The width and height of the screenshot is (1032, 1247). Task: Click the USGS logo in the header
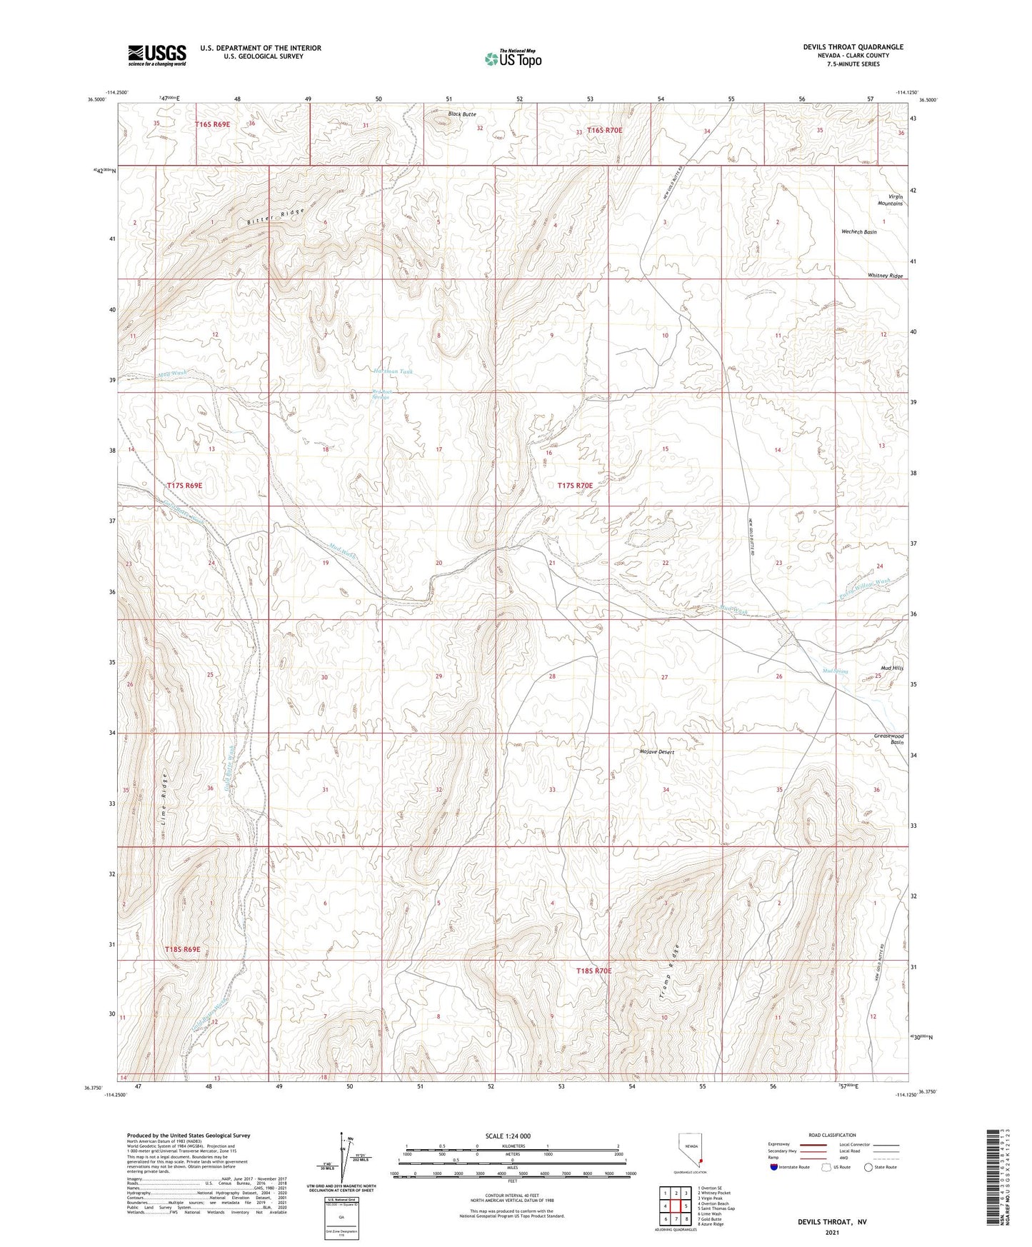click(x=157, y=55)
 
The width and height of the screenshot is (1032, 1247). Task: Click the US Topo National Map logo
click(x=513, y=59)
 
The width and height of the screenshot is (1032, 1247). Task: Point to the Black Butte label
click(x=461, y=114)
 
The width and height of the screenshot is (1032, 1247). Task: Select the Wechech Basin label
click(x=859, y=232)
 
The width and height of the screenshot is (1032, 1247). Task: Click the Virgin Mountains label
click(x=890, y=200)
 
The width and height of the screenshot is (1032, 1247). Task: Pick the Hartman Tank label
click(x=393, y=371)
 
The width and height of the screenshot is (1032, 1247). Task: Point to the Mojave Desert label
click(x=656, y=752)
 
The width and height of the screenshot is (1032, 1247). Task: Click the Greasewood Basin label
click(x=889, y=738)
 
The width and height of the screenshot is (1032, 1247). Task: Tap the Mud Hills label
click(x=892, y=668)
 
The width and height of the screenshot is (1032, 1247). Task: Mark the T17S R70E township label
click(x=575, y=486)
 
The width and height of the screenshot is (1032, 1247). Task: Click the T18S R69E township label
click(x=182, y=949)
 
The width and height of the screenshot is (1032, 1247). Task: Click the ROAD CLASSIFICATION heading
click(x=832, y=1136)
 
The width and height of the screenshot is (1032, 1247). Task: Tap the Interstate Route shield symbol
click(x=775, y=1167)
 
